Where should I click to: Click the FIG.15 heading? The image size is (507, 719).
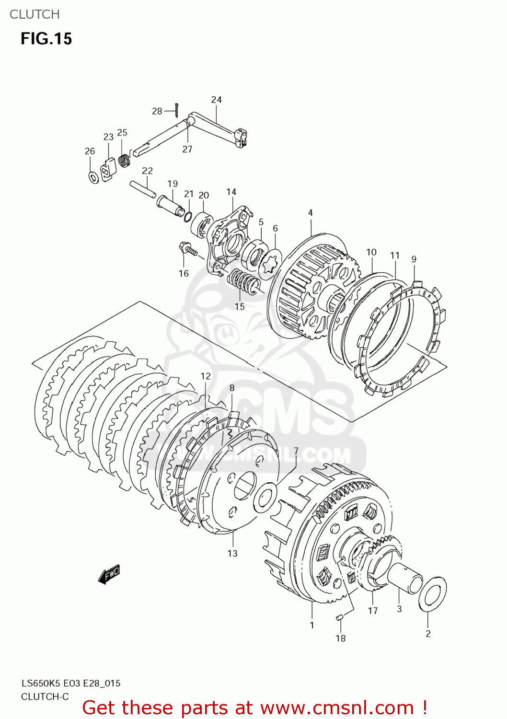tap(46, 39)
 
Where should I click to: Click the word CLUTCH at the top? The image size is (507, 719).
tap(35, 14)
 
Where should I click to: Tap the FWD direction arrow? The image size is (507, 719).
tap(109, 574)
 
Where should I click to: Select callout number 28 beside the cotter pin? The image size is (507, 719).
tap(157, 111)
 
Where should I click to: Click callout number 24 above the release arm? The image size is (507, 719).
tap(216, 100)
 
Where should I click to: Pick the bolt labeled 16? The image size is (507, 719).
tap(187, 249)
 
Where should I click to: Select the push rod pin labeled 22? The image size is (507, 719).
tap(142, 188)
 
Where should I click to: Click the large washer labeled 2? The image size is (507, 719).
tap(433, 594)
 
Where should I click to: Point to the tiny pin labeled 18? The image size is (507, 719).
tap(340, 617)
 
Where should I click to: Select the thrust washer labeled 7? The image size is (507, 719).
tap(265, 498)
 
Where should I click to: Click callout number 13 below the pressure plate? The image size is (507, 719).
tap(232, 554)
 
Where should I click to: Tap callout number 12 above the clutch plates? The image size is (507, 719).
tap(206, 376)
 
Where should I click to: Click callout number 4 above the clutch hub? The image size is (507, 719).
tap(311, 213)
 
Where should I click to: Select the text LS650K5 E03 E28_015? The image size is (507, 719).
tap(70, 684)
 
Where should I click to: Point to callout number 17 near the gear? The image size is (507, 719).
tap(373, 611)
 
